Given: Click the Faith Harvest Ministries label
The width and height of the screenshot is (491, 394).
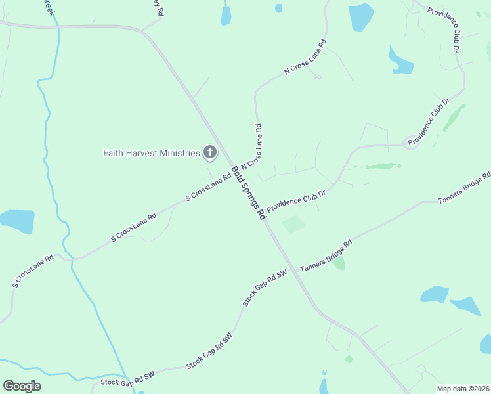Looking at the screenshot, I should point(151,153).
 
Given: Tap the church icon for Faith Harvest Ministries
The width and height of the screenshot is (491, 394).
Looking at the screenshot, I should point(210,153).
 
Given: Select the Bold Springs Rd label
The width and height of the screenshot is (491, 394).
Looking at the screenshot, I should point(248,192).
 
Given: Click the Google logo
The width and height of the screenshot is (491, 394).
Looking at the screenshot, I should point(22,385).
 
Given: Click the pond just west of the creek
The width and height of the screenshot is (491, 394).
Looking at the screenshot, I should point(16,222).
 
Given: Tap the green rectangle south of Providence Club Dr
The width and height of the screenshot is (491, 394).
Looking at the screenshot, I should point(293,225).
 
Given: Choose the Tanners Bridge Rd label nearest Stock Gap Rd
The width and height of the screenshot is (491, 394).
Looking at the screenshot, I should point(326,255).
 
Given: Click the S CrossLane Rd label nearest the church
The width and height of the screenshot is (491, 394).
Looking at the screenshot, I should point(208,187).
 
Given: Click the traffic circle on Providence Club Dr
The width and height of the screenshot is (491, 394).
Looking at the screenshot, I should point(412,143).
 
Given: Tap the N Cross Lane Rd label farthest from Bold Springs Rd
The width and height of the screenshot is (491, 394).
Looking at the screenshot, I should point(305,60).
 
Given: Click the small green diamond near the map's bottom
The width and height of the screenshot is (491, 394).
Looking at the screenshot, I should point(349,359).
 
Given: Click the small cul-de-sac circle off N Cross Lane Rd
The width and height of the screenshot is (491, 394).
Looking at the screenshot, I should point(318,77).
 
